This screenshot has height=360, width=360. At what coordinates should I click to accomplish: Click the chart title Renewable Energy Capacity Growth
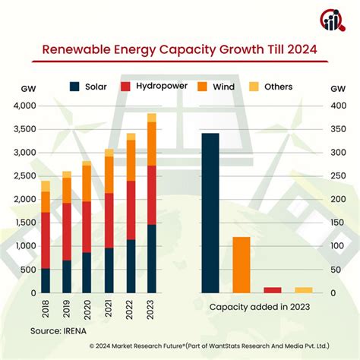[x=180, y=51]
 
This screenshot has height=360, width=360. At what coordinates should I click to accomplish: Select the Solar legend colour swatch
[x=75, y=86]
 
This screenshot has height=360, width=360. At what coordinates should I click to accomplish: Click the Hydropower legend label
[x=163, y=86]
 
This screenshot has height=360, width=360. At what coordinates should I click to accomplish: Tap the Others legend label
[x=278, y=86]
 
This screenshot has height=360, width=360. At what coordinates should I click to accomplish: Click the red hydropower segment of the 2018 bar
[x=46, y=240]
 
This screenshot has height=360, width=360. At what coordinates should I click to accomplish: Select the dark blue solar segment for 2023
[x=152, y=258]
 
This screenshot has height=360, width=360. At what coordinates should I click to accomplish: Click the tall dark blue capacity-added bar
[x=210, y=213]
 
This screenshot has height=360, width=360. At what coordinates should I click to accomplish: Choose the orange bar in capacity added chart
[x=242, y=264]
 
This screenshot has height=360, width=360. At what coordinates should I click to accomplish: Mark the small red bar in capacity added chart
[x=272, y=289]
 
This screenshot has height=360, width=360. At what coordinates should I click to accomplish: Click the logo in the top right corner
[x=332, y=21]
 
